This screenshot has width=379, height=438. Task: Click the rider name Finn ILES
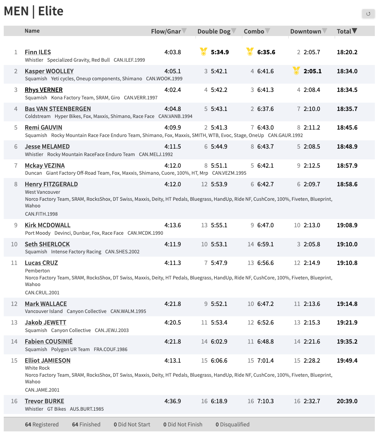(x=38, y=52)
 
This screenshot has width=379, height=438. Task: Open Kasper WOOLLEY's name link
(x=49, y=71)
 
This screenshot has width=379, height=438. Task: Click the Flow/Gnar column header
(x=166, y=31)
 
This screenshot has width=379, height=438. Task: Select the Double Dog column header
(x=214, y=31)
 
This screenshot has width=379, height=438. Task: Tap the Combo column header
(x=254, y=31)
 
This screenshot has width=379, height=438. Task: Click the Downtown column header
(x=306, y=31)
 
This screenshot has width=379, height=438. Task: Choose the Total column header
(x=344, y=31)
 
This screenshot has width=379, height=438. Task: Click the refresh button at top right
(x=368, y=14)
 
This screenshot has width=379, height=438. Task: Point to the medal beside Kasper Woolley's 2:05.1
(x=296, y=71)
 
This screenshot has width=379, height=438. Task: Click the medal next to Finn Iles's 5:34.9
(x=203, y=52)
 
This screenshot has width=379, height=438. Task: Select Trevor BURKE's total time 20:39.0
(x=347, y=401)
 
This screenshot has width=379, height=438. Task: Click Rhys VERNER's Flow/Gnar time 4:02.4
(x=173, y=90)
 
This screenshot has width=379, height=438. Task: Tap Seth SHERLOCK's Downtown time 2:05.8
(x=312, y=244)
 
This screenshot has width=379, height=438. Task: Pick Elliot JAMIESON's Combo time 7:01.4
(x=266, y=361)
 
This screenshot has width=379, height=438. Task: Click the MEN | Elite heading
(x=34, y=11)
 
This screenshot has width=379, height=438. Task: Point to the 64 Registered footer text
(x=42, y=424)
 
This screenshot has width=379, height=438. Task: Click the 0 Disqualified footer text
(x=232, y=424)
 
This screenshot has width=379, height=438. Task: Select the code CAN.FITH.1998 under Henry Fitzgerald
(x=41, y=214)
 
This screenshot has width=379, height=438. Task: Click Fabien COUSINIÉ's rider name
(x=48, y=342)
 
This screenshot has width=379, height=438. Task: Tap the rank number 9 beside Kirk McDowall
(x=16, y=225)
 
